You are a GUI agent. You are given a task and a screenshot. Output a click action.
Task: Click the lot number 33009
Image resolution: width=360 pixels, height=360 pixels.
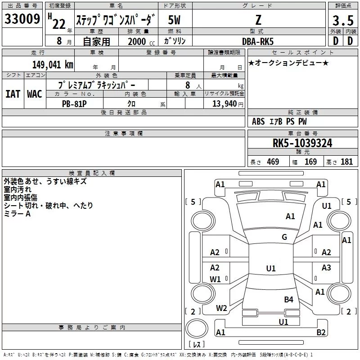(x=22, y=19)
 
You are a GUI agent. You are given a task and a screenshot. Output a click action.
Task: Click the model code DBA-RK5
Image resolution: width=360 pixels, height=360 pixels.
(x=257, y=41)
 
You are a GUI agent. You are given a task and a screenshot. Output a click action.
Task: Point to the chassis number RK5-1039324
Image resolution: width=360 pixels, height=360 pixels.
(x=302, y=143)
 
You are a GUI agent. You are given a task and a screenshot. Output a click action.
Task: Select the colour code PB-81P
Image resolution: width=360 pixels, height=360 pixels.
(x=74, y=103)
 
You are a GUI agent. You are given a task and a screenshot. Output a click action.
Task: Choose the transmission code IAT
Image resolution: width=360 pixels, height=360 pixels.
(x=13, y=94)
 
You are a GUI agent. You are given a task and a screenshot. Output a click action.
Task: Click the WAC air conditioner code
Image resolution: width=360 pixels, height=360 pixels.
(x=34, y=94)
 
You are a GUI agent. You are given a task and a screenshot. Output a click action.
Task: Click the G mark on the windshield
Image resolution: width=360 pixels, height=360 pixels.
(x=284, y=237)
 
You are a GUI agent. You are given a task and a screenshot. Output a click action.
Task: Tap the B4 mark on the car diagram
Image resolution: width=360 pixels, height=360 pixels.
(x=288, y=299)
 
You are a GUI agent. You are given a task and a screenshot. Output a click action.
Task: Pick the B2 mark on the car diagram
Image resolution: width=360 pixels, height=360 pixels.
(x=321, y=333)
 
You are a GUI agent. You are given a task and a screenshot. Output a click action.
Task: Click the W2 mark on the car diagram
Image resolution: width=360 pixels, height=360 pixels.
(x=221, y=308)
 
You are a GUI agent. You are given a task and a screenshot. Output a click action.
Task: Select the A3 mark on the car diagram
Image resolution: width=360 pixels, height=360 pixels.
(x=326, y=268)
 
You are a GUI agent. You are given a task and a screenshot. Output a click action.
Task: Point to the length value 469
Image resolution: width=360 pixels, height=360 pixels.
(x=273, y=162)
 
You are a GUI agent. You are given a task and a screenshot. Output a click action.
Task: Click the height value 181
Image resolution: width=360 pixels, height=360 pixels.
(x=346, y=162)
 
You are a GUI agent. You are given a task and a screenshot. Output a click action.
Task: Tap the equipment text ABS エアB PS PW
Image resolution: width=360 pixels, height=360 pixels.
(x=279, y=121)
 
